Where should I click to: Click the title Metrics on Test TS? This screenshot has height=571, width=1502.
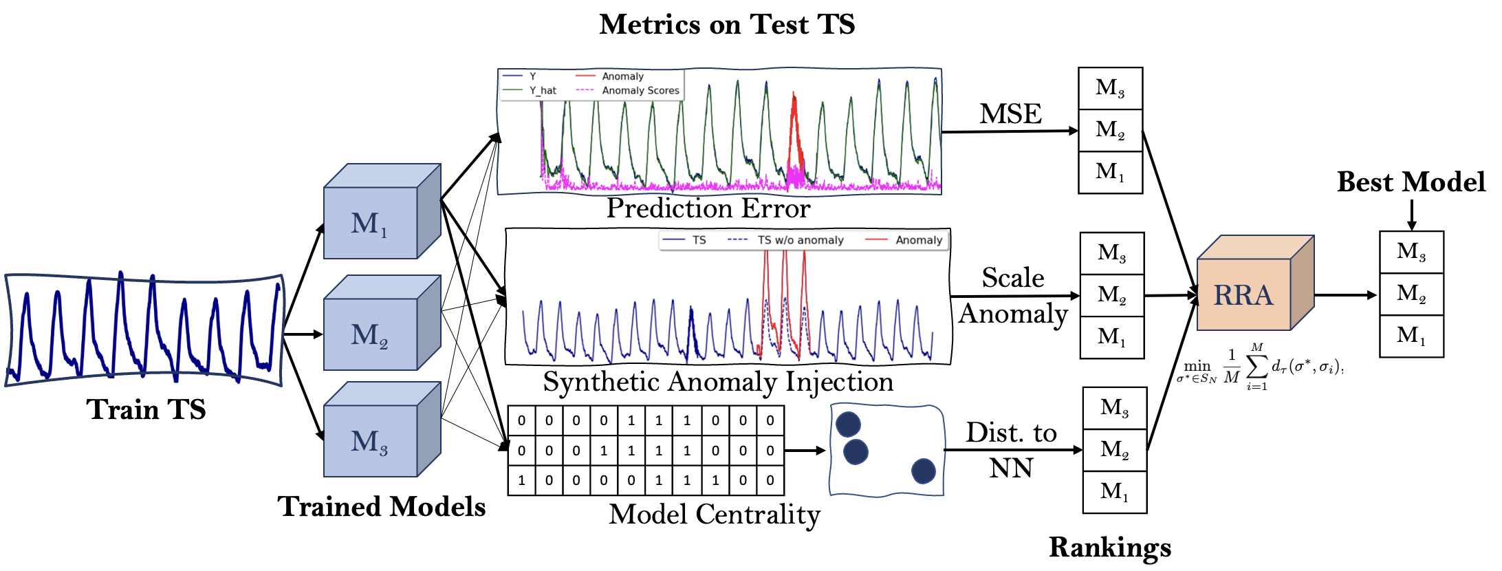[727, 25]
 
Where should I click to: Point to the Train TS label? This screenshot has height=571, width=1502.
[146, 409]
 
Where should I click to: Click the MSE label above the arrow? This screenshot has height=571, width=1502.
[1010, 114]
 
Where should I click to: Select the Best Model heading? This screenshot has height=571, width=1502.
[1411, 182]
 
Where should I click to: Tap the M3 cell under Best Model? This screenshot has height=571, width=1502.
[1411, 252]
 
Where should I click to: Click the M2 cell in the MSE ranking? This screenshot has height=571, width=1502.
[1110, 130]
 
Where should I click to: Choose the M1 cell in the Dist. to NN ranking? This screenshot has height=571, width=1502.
[1114, 492]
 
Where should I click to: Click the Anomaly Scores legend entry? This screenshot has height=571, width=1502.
[640, 90]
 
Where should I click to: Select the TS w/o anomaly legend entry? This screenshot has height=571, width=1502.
[800, 240]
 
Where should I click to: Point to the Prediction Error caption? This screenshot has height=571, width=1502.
[708, 208]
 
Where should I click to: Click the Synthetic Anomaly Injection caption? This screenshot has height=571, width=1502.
[718, 382]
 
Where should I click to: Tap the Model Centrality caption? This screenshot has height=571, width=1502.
[715, 514]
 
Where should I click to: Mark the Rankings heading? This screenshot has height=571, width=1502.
[1110, 548]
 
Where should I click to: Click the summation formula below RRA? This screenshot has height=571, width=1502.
[1260, 367]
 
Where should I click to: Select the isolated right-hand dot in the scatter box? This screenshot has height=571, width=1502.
[923, 471]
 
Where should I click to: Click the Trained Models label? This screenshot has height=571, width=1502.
[381, 507]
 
